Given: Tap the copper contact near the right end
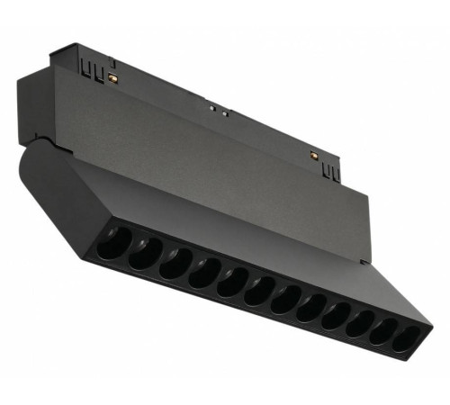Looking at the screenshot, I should coord(312,156).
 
